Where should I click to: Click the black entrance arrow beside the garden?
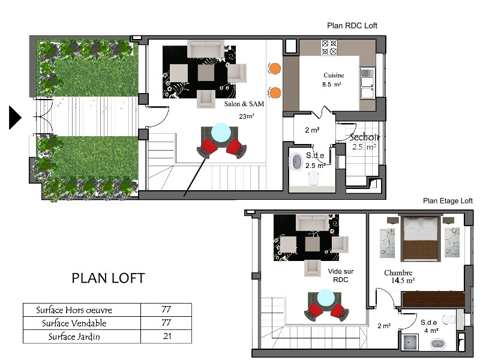14,118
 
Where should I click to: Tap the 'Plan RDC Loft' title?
352,26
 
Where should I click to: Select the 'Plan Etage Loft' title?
448,201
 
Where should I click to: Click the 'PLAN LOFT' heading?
108,278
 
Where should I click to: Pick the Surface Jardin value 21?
167,336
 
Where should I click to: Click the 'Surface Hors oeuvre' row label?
74,310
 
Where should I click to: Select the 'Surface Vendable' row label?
74,323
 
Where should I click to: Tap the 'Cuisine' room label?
334,76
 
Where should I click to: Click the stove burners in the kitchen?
329,47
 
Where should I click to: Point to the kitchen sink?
367,83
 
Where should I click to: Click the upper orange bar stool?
275,68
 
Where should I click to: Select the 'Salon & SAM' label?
244,104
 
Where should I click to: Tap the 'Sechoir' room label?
365,137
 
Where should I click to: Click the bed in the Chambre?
421,238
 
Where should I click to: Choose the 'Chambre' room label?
398,273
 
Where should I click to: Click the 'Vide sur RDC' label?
340,275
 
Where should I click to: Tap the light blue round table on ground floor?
221,132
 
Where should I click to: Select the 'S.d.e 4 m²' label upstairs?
429,326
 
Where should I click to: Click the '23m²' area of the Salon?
247,116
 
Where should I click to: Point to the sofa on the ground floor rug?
205,49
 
